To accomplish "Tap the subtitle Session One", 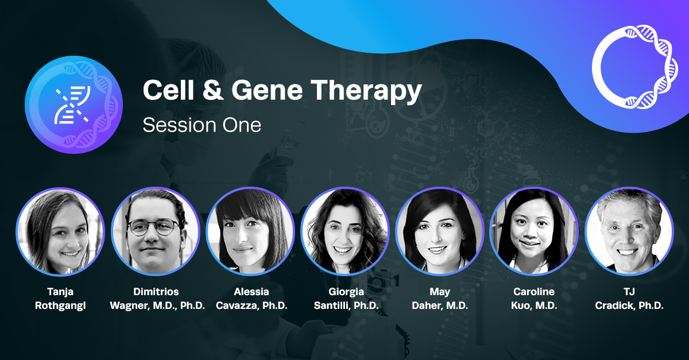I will point(202,125).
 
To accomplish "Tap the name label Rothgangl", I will point(60,305).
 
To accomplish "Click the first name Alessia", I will point(250,292).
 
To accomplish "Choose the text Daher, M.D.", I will point(440,305).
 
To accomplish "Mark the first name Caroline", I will point(534,292).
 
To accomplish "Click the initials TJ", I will point(629,292).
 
